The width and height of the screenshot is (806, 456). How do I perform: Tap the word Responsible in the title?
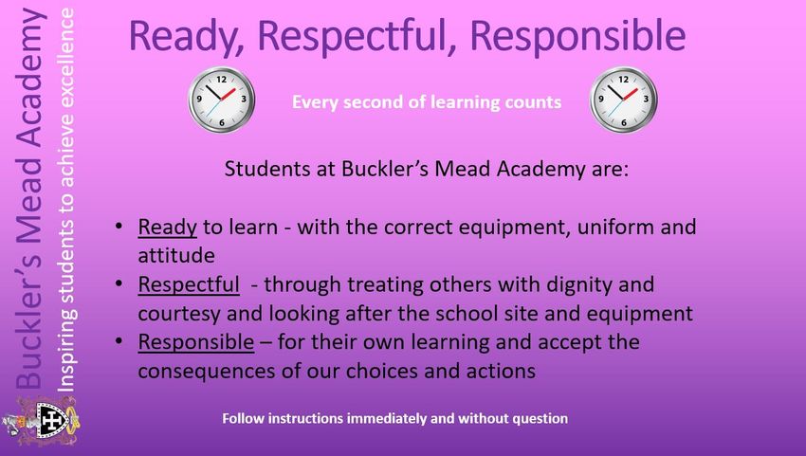click(x=577, y=36)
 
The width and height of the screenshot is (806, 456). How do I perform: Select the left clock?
click(x=221, y=100)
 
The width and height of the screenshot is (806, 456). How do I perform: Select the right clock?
click(x=623, y=100)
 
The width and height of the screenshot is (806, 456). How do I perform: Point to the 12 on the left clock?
click(x=222, y=80)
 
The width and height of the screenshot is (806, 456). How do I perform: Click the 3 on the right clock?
click(x=646, y=100)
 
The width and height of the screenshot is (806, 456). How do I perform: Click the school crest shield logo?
click(x=52, y=421)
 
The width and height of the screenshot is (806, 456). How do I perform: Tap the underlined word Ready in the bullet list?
click(x=167, y=228)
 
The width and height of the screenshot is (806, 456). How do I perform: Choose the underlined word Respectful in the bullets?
click(x=189, y=284)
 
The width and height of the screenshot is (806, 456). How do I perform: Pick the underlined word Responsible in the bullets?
click(x=196, y=342)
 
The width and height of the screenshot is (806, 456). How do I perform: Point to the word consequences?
click(x=207, y=372)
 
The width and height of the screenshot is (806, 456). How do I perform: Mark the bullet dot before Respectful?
click(x=119, y=283)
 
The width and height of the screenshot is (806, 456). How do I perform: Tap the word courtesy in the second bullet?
click(x=179, y=314)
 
